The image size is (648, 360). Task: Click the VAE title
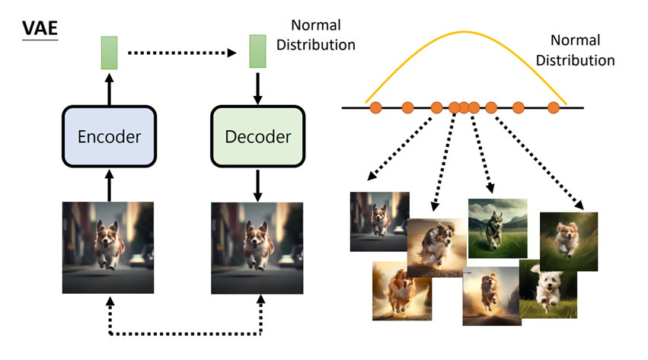click(40, 28)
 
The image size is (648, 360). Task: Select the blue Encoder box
click(109, 137)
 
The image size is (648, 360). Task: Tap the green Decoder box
click(258, 137)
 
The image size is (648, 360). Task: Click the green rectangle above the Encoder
click(109, 53)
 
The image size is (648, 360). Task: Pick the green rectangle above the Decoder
click(257, 51)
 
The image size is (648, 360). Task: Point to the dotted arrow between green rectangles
click(182, 53)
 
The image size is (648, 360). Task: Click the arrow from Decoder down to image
click(257, 186)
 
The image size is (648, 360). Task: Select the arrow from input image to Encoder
click(109, 186)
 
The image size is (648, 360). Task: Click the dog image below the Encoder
click(108, 247)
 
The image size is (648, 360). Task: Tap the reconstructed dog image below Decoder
click(257, 247)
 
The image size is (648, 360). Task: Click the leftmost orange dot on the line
click(375, 108)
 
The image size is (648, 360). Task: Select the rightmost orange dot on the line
click(554, 108)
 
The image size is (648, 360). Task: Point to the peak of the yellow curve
click(464, 32)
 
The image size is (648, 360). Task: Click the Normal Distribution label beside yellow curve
click(575, 50)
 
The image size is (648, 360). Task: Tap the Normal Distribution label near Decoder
click(316, 35)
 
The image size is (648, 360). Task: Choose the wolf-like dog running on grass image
click(497, 228)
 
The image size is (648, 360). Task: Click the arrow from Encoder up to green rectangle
click(109, 89)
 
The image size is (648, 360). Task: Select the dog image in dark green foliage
click(569, 241)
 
